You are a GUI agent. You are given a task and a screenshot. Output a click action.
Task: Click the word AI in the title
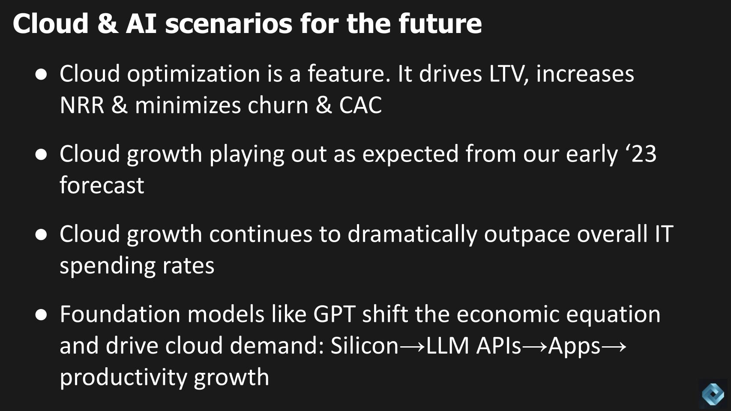(141, 24)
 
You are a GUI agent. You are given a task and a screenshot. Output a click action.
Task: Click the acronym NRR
(82, 105)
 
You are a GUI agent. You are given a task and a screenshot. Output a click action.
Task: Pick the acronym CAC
(360, 105)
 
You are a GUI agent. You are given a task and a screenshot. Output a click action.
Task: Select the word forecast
(102, 185)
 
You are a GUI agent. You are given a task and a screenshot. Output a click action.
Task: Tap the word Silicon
(365, 345)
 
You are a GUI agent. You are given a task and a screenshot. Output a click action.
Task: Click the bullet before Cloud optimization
(41, 75)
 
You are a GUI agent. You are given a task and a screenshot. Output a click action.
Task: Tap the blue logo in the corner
(713, 394)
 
